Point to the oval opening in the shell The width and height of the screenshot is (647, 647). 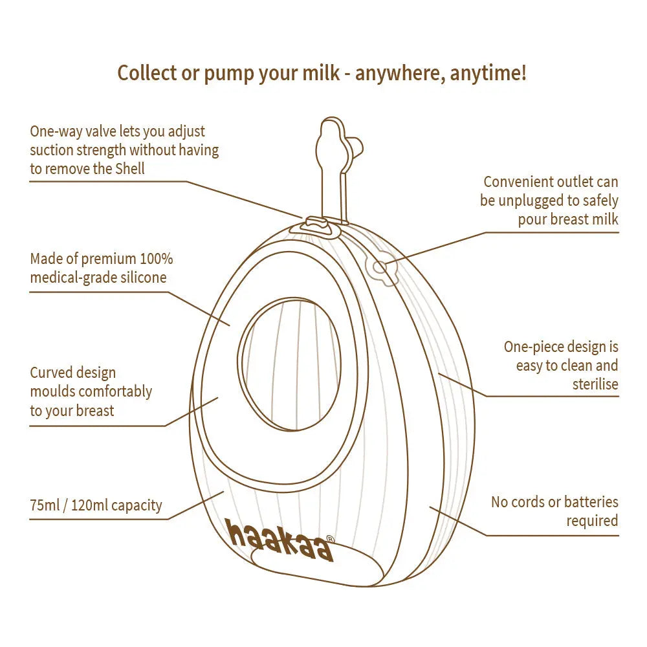[289, 364]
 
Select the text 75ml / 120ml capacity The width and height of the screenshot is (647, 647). [96, 505]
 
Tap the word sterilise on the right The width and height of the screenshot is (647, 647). [595, 384]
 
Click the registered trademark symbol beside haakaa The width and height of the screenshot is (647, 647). [330, 538]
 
